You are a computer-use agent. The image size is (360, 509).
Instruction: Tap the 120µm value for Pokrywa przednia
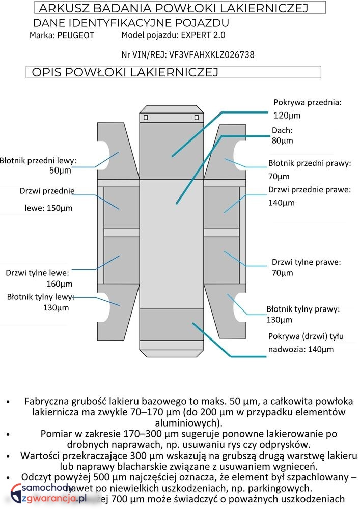(x=287, y=115)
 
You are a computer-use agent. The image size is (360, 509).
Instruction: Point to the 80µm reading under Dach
(x=282, y=140)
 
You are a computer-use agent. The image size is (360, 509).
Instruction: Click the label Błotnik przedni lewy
(x=38, y=161)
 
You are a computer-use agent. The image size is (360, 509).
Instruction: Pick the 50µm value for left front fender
(x=61, y=170)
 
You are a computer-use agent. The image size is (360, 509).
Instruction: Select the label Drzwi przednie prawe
(x=310, y=190)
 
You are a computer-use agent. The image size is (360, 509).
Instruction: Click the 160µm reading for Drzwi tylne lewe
(x=60, y=284)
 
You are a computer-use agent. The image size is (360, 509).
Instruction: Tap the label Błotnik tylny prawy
(x=303, y=309)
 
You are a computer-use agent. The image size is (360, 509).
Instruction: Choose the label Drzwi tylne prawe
(x=306, y=262)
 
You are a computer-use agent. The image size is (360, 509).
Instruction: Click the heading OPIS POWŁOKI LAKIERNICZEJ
(x=125, y=72)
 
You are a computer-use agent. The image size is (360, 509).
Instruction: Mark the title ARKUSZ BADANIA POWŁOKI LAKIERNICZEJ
(x=174, y=8)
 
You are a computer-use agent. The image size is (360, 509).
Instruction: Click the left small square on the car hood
(x=146, y=118)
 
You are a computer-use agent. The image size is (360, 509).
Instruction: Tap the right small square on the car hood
(x=197, y=118)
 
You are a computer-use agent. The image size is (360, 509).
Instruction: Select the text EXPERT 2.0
(x=203, y=35)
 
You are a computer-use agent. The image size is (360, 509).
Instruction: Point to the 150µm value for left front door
(x=56, y=208)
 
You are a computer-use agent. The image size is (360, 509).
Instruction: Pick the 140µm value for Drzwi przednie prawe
(x=282, y=203)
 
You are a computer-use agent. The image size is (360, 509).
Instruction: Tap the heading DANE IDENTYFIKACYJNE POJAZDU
(x=131, y=23)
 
